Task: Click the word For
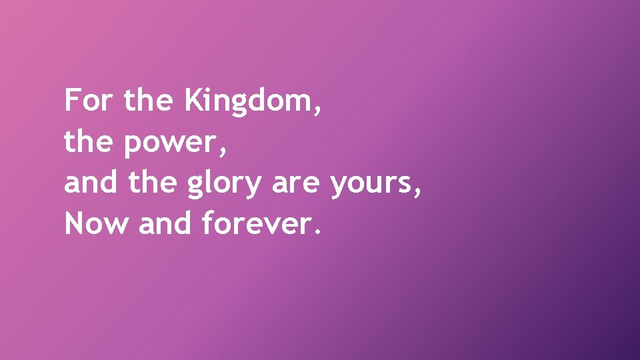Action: (89, 101)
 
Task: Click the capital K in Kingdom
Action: (192, 101)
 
